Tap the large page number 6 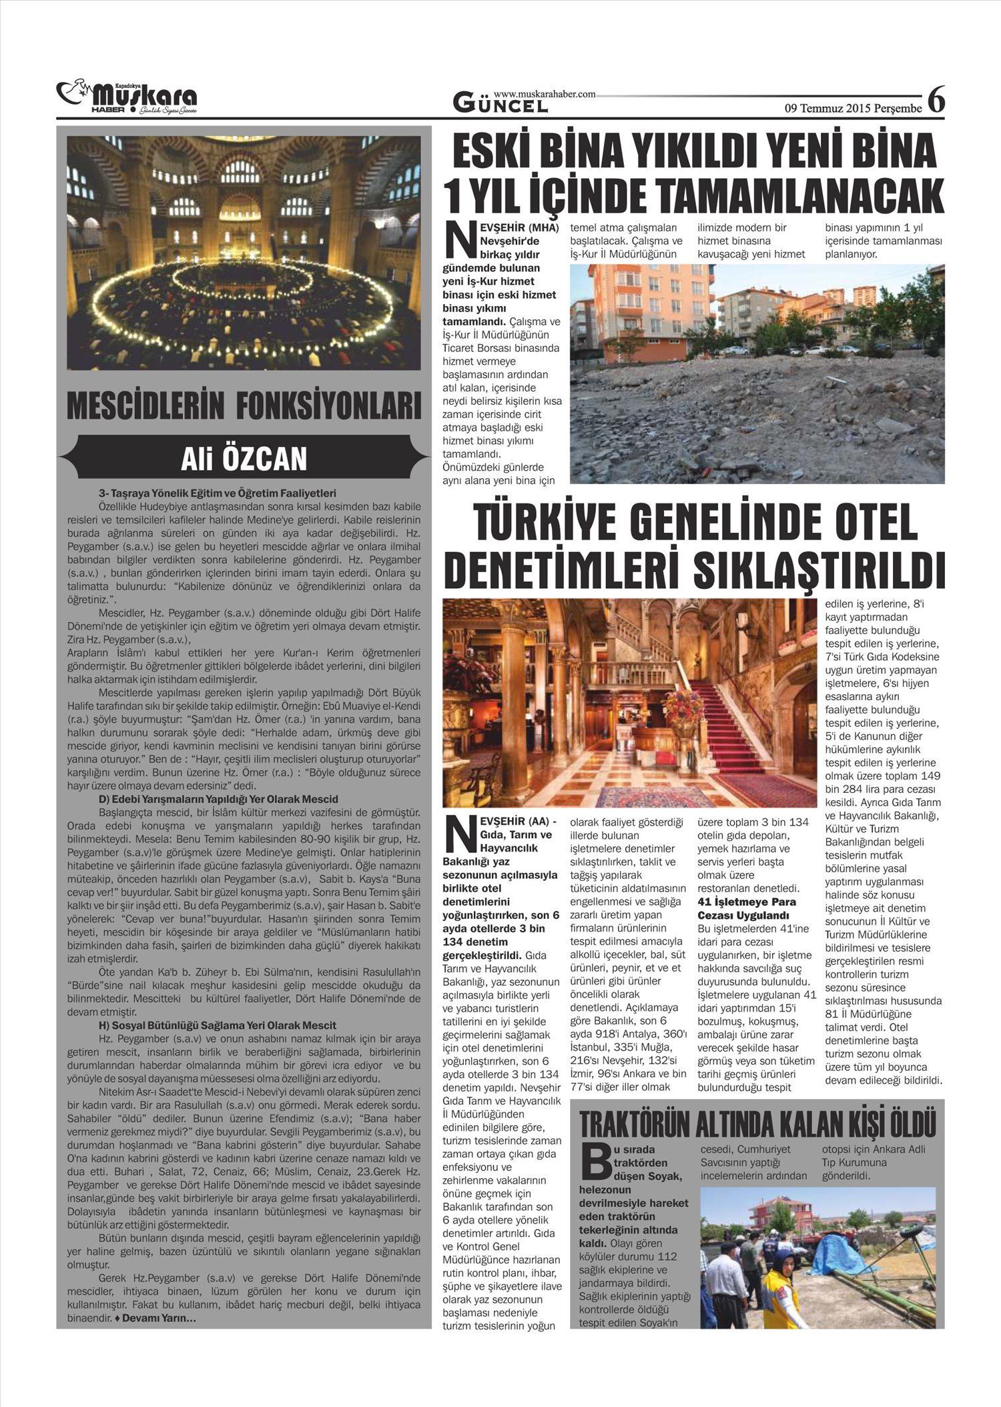pos(936,101)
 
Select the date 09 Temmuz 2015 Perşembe pos(853,107)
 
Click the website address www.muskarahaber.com pos(544,95)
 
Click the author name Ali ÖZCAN pos(244,459)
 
